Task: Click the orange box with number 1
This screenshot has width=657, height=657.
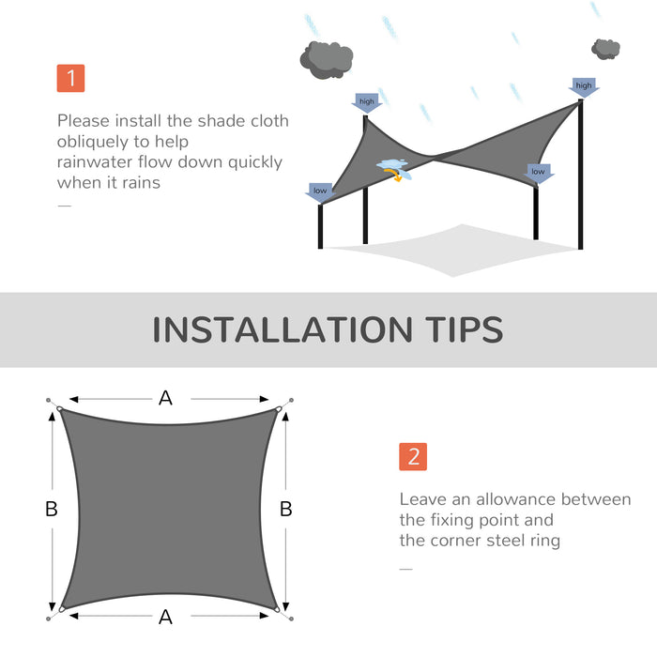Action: pyautogui.click(x=70, y=78)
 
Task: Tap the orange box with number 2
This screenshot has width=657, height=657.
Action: pyautogui.click(x=413, y=456)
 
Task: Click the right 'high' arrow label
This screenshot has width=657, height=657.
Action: pyautogui.click(x=584, y=86)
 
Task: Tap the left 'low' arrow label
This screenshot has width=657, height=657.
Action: pyautogui.click(x=320, y=191)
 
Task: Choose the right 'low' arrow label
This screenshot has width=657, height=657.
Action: pyautogui.click(x=538, y=173)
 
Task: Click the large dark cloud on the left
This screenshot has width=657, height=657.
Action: pyautogui.click(x=326, y=60)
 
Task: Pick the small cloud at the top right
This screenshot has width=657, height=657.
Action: pyautogui.click(x=606, y=48)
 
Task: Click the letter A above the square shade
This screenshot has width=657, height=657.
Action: pyautogui.click(x=165, y=398)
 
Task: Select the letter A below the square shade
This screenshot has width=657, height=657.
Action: pyautogui.click(x=165, y=617)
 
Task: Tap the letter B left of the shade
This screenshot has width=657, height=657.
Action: pyautogui.click(x=52, y=509)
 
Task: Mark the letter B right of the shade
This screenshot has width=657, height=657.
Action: pyautogui.click(x=286, y=509)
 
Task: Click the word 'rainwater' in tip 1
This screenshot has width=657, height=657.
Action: pyautogui.click(x=96, y=161)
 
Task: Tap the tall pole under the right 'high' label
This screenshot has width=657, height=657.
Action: pyautogui.click(x=582, y=178)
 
